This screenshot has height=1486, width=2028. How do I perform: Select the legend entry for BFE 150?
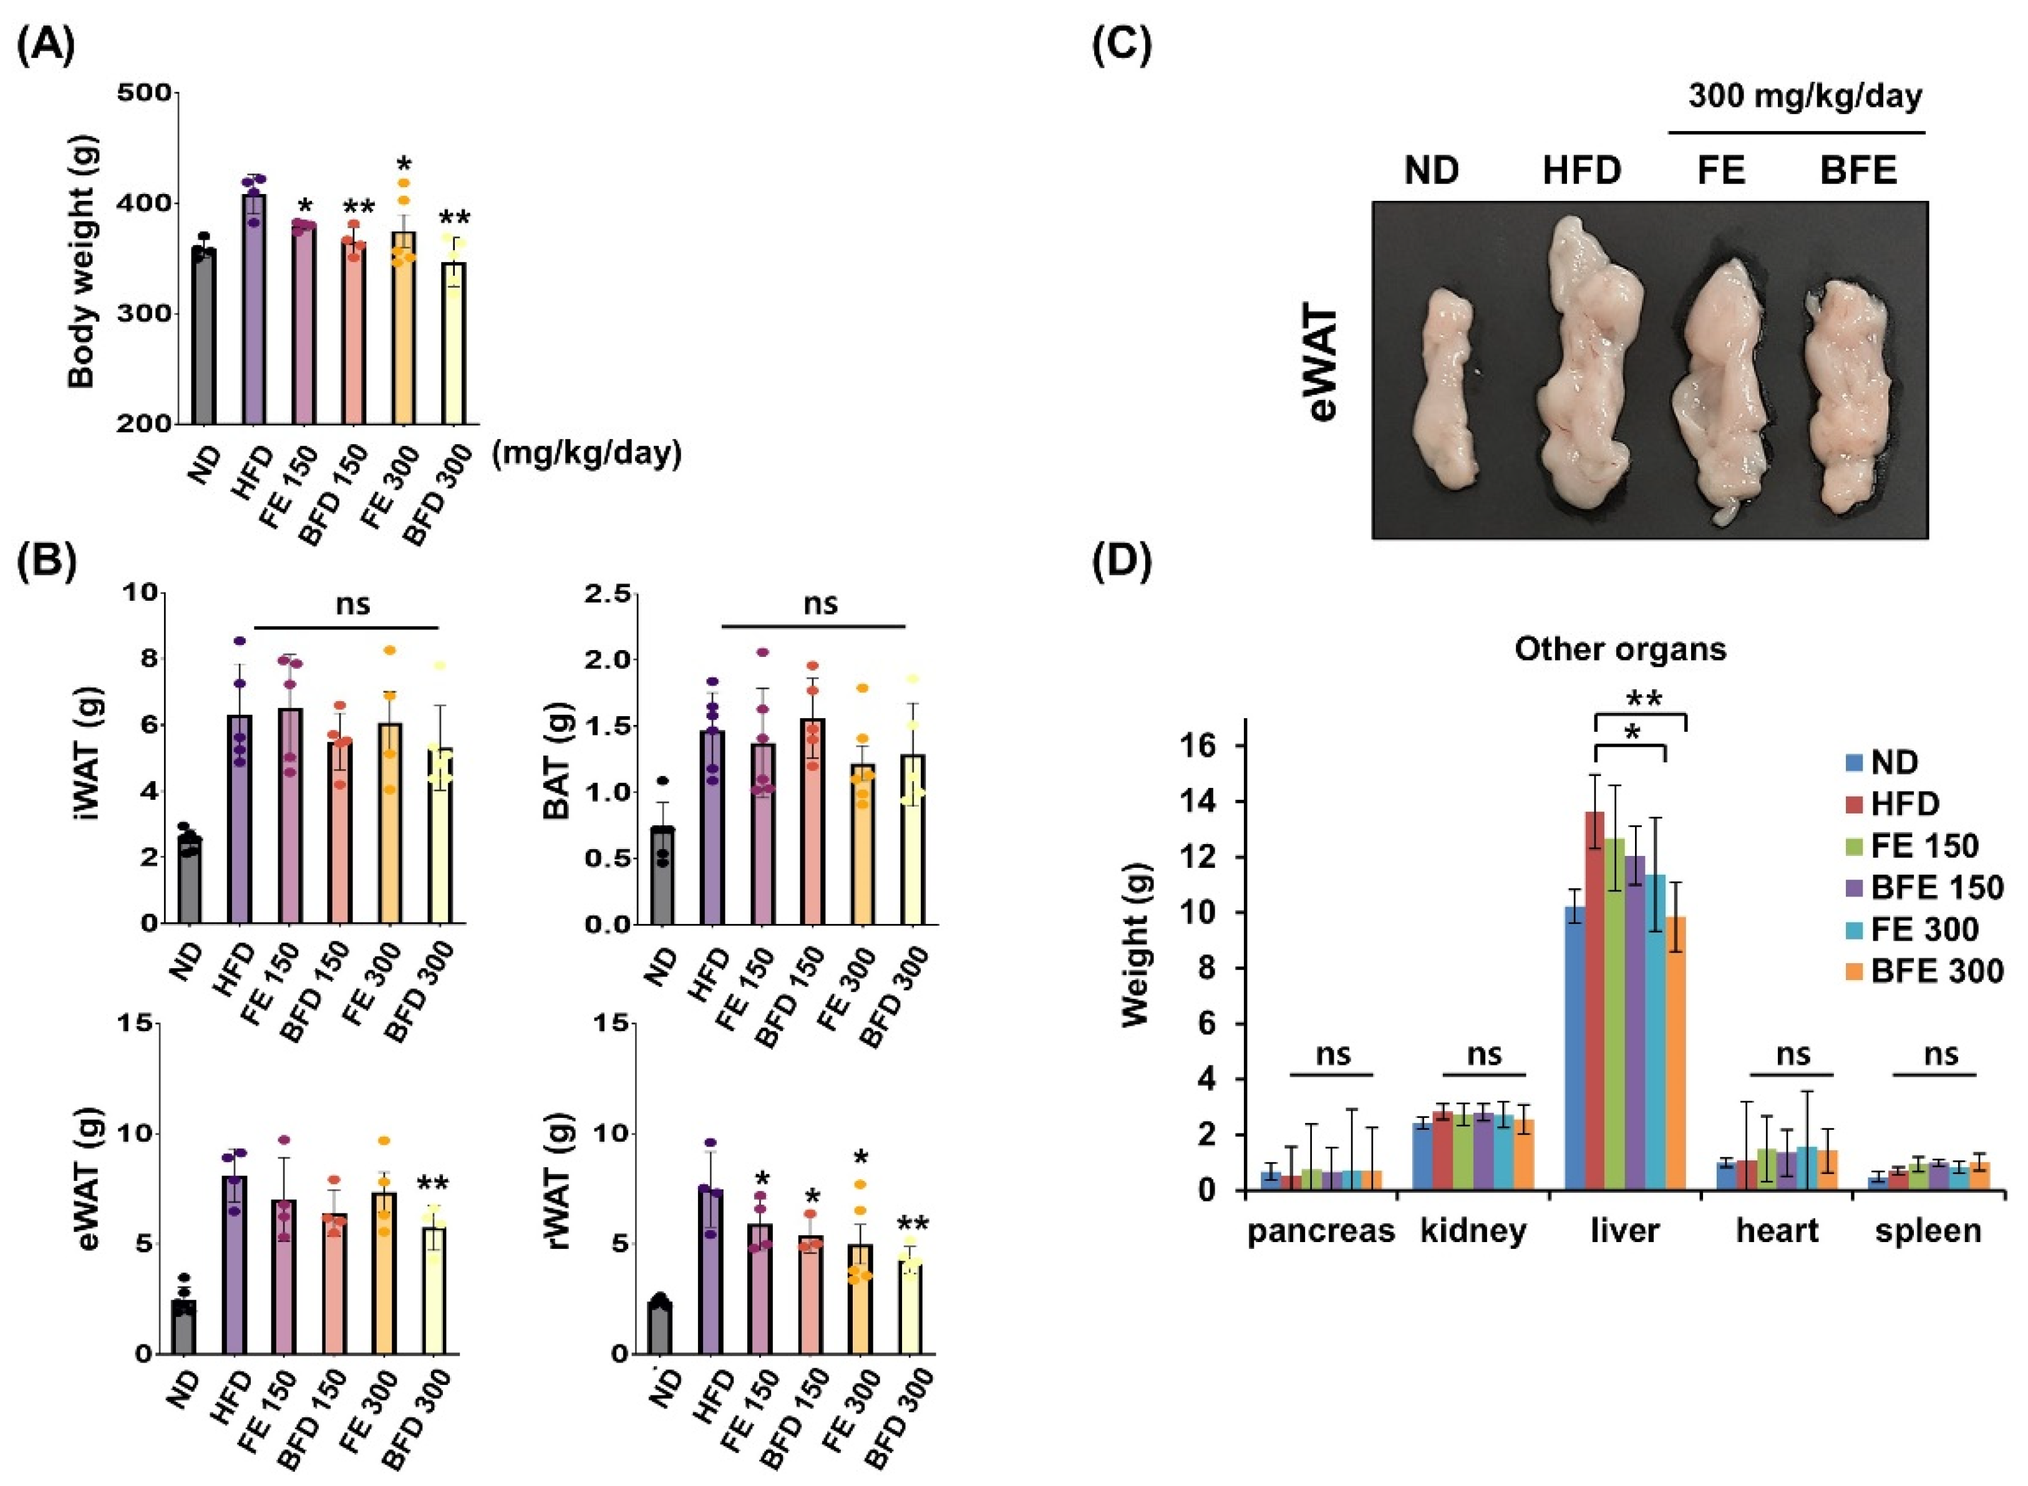pyautogui.click(x=1934, y=888)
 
